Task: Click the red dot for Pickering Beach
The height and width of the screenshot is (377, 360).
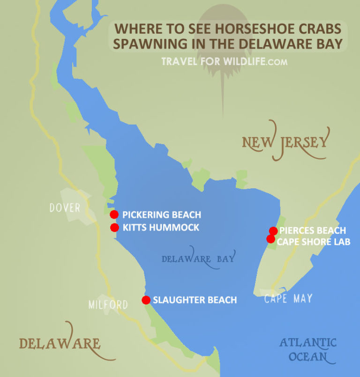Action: pyautogui.click(x=114, y=214)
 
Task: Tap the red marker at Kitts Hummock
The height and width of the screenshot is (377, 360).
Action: pyautogui.click(x=114, y=228)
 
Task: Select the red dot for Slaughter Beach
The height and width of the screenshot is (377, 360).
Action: pyautogui.click(x=146, y=300)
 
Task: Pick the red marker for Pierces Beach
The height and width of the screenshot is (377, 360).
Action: pyautogui.click(x=273, y=230)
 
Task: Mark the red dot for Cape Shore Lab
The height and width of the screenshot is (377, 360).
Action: pyautogui.click(x=270, y=239)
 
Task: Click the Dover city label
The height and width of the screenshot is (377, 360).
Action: pyautogui.click(x=65, y=207)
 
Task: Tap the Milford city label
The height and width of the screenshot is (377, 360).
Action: pyautogui.click(x=108, y=305)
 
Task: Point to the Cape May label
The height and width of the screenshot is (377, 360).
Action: pyautogui.click(x=288, y=298)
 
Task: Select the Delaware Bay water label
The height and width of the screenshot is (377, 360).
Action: pyautogui.click(x=198, y=259)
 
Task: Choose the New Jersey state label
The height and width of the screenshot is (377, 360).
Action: pyautogui.click(x=286, y=141)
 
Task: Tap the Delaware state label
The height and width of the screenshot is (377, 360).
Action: pyautogui.click(x=60, y=344)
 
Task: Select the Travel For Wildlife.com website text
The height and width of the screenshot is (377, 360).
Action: pyautogui.click(x=224, y=62)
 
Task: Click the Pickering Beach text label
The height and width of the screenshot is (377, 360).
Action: pyautogui.click(x=162, y=215)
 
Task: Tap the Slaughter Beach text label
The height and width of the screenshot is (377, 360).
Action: pyautogui.click(x=195, y=300)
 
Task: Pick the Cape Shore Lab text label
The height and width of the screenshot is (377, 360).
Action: pyautogui.click(x=313, y=241)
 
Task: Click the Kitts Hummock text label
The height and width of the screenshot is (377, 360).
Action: pyautogui.click(x=161, y=228)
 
